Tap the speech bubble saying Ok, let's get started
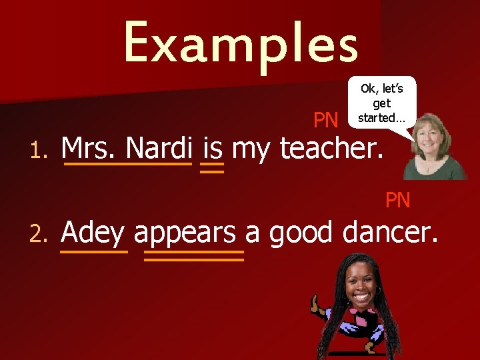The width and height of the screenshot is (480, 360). [x=381, y=102]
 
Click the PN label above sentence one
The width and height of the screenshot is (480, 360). [x=326, y=120]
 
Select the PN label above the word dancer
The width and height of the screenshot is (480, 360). [x=398, y=199]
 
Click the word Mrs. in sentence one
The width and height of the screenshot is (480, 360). [x=89, y=148]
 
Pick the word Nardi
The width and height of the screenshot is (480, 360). [x=159, y=148]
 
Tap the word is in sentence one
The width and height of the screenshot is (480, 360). [x=212, y=148]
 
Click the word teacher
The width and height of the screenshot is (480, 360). [x=332, y=148]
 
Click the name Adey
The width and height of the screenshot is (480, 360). [x=93, y=234]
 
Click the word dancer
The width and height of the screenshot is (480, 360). [x=391, y=233]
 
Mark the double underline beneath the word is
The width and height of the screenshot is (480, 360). [x=212, y=167]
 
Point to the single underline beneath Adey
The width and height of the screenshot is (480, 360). [x=93, y=252]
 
